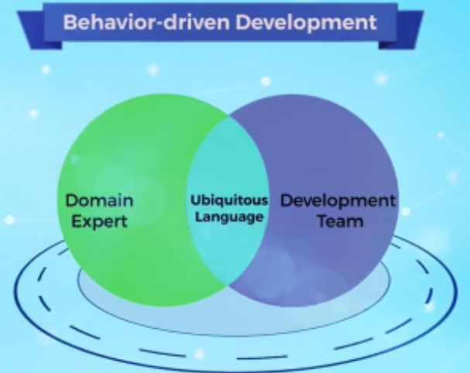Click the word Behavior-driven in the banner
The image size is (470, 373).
[146, 22]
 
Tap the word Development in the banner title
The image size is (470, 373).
[307, 23]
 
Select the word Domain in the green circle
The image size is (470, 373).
[100, 200]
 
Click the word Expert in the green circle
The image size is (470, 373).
[100, 221]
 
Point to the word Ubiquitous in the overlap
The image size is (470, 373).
[229, 200]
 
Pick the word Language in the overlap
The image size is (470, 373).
[229, 217]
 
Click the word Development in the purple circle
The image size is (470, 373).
[338, 200]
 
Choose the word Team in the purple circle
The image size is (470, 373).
[340, 221]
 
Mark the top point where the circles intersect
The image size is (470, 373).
[228, 115]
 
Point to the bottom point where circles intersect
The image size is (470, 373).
[228, 286]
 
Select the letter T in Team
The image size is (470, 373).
[323, 221]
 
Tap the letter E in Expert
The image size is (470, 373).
[76, 221]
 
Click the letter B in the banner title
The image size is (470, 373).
[70, 22]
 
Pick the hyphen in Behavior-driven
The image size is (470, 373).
[158, 24]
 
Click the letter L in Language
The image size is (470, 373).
[198, 217]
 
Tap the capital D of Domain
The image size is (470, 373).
[72, 200]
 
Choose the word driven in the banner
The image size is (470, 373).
[197, 22]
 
